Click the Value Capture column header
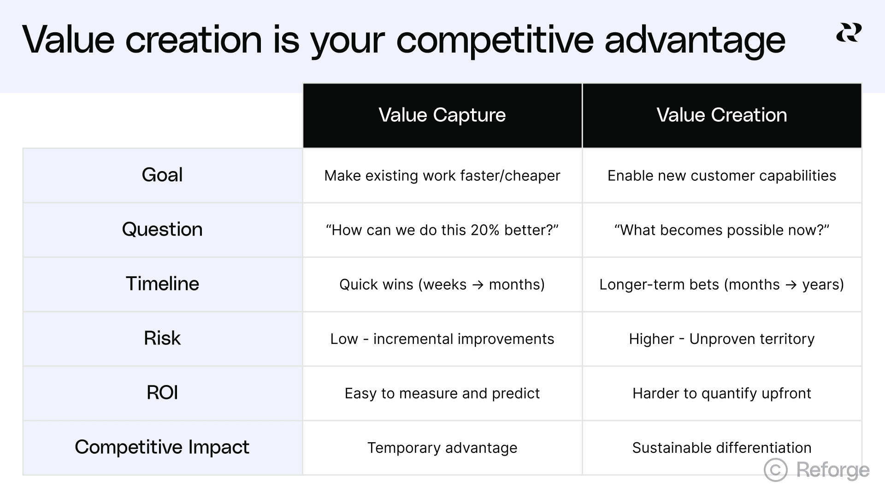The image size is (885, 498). pyautogui.click(x=442, y=115)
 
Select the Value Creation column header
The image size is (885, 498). pyautogui.click(x=721, y=115)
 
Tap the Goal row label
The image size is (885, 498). pyautogui.click(x=162, y=175)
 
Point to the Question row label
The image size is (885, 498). pyautogui.click(x=162, y=230)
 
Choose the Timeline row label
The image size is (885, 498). pyautogui.click(x=162, y=284)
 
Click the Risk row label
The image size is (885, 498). pyautogui.click(x=162, y=338)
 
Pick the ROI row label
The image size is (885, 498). pyautogui.click(x=162, y=393)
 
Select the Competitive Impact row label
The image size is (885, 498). pyautogui.click(x=162, y=447)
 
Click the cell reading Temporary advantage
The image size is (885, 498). pyautogui.click(x=442, y=448)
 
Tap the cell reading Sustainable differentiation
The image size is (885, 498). pyautogui.click(x=721, y=448)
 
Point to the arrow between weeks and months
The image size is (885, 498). pyautogui.click(x=478, y=285)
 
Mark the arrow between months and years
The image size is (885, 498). pyautogui.click(x=791, y=285)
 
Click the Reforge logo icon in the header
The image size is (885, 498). pyautogui.click(x=849, y=33)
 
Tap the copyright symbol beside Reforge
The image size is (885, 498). pyautogui.click(x=776, y=470)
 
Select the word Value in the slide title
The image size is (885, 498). pyautogui.click(x=68, y=40)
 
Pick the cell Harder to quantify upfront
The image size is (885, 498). pyautogui.click(x=721, y=393)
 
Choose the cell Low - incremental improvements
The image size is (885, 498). pyautogui.click(x=442, y=339)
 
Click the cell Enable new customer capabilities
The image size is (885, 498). pyautogui.click(x=721, y=176)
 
